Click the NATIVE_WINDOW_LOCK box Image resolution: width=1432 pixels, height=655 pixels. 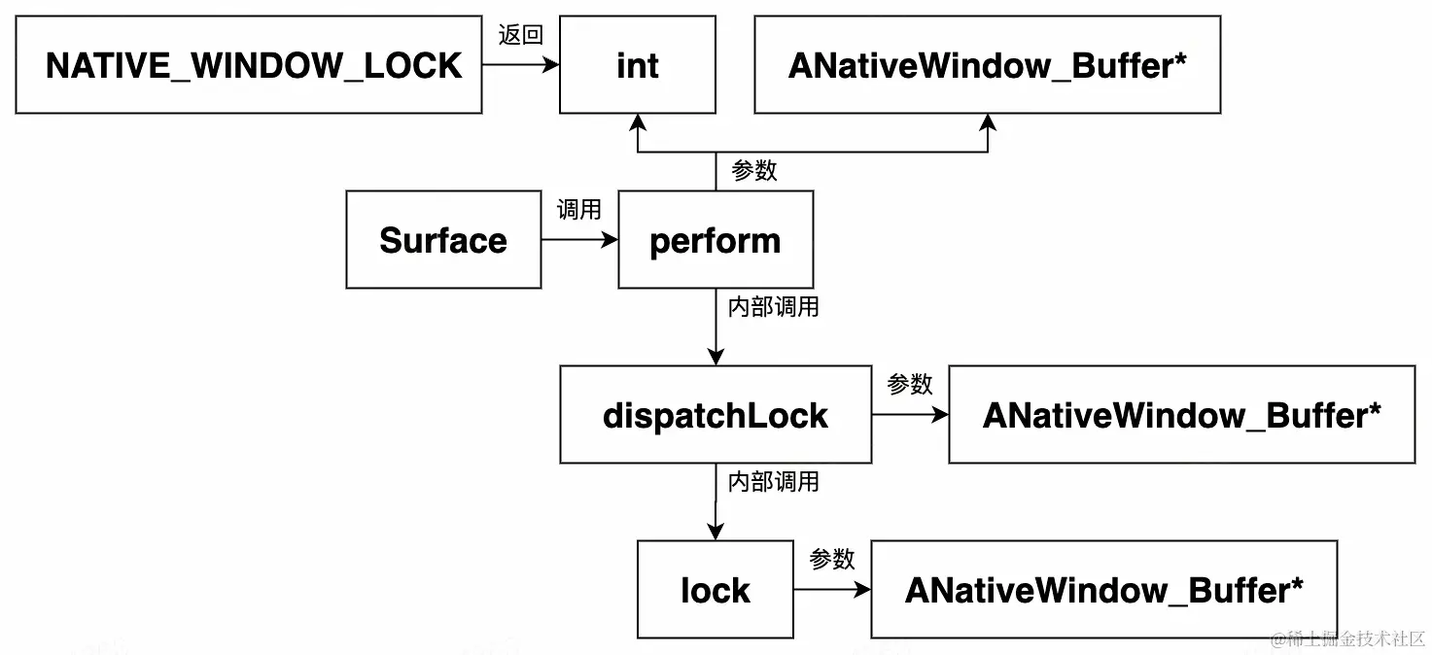[x=249, y=65]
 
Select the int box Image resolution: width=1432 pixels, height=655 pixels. [x=638, y=65]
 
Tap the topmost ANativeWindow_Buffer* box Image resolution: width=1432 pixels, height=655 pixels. [x=988, y=65]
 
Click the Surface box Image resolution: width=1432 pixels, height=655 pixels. [x=443, y=240]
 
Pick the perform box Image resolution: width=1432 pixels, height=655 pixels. [x=716, y=240]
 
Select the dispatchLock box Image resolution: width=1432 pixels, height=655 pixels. [x=716, y=415]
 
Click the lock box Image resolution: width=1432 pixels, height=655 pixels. [x=716, y=590]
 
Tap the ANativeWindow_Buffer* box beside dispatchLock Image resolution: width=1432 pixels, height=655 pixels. [x=1182, y=415]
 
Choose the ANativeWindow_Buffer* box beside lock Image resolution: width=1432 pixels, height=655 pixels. [x=1104, y=590]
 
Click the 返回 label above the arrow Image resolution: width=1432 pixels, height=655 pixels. [x=520, y=36]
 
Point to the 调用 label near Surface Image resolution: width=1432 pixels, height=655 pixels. [x=578, y=210]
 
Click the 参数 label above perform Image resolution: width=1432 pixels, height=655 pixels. [x=754, y=171]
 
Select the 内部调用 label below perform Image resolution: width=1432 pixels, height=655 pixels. [x=774, y=307]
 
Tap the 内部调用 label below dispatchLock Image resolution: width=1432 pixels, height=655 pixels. [x=774, y=482]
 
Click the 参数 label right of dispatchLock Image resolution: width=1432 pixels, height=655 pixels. [x=910, y=385]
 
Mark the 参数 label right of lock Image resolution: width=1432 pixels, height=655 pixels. [x=832, y=560]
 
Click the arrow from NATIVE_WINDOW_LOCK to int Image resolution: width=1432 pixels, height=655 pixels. [x=521, y=65]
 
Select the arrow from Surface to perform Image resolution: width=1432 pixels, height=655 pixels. [x=579, y=240]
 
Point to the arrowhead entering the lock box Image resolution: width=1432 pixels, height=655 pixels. [x=716, y=533]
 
